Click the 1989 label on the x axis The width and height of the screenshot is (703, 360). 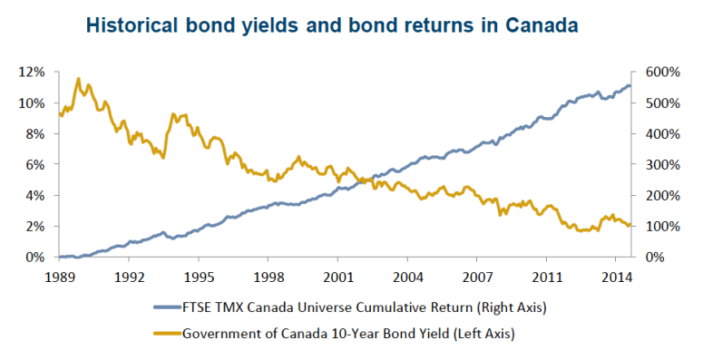point(59,276)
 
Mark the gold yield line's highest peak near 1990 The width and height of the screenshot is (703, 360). point(79,79)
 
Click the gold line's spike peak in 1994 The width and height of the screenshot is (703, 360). point(173,113)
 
